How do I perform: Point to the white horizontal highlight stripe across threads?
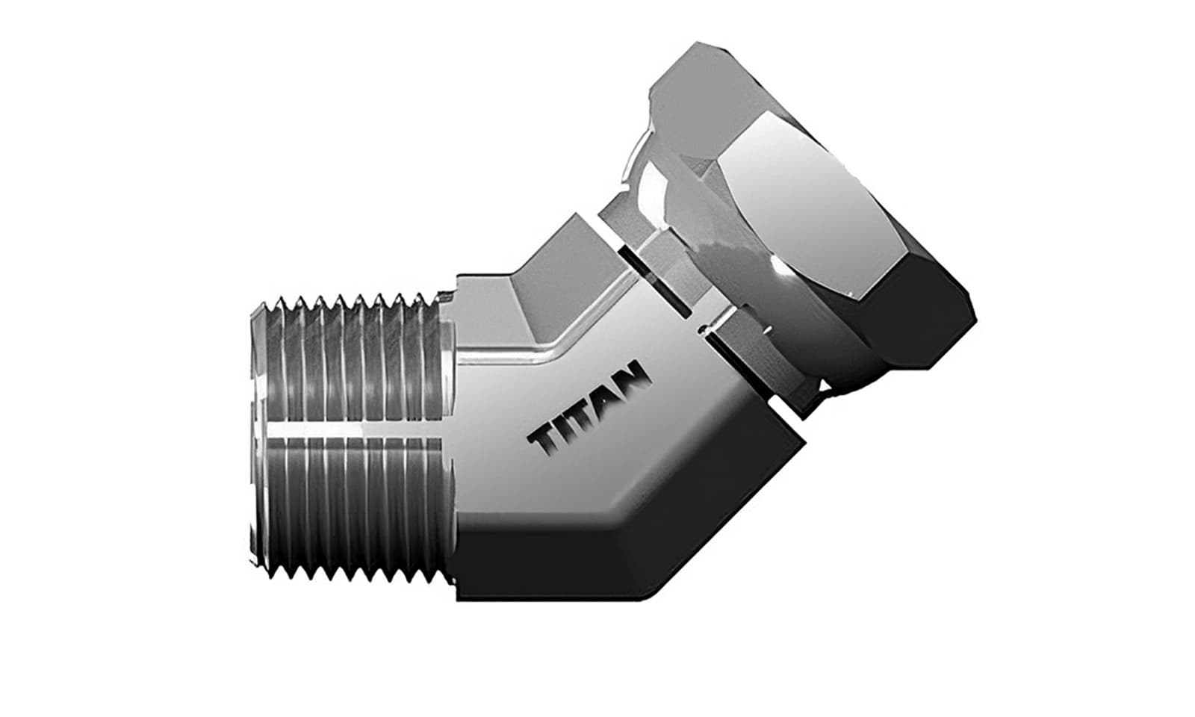pyautogui.click(x=351, y=434)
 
